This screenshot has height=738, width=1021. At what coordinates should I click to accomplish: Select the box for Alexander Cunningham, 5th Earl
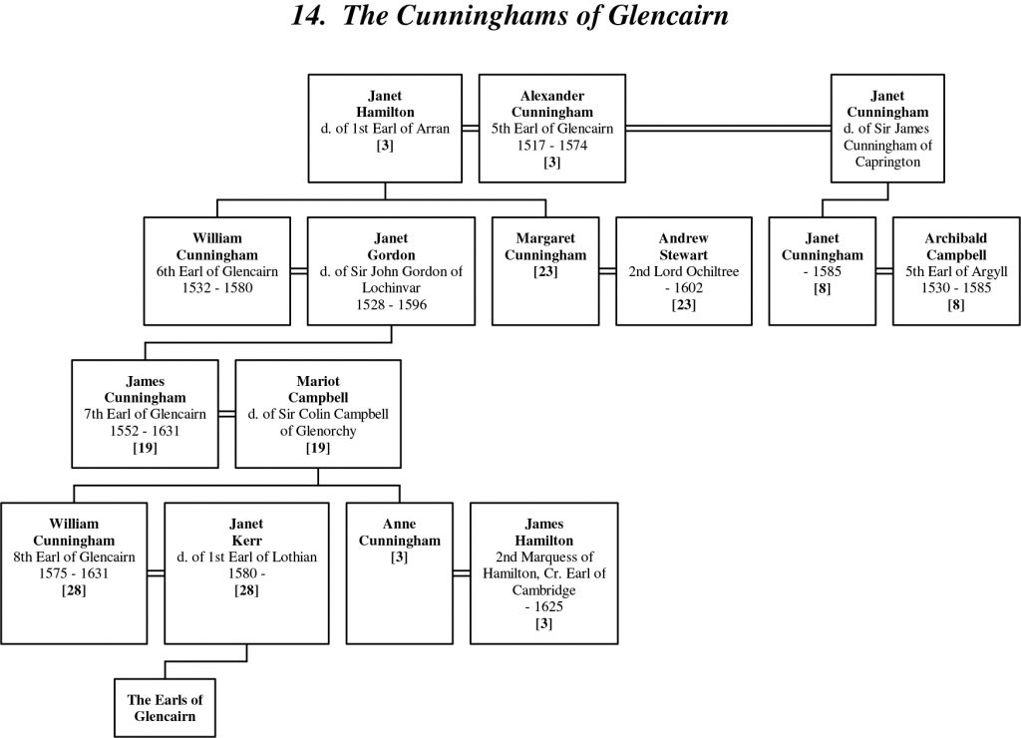[551, 128]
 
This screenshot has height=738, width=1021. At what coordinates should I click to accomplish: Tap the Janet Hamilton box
[384, 128]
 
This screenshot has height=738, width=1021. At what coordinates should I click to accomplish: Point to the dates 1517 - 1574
[551, 145]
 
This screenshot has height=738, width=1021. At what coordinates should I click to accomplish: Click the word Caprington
[887, 162]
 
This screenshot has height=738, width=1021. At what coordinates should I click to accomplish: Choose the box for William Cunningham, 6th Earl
[216, 270]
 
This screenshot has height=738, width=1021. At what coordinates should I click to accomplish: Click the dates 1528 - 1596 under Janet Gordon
[384, 305]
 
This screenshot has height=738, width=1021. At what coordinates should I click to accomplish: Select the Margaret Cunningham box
[551, 270]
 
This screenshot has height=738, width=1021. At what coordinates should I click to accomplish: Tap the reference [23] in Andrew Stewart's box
[683, 305]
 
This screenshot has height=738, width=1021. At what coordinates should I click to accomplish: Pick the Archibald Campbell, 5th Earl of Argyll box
[955, 270]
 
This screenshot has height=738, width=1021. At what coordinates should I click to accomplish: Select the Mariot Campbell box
[317, 414]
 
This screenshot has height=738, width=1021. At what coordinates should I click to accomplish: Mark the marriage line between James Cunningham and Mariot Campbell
[226, 414]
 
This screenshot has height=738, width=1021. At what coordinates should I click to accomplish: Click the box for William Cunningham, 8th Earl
[74, 572]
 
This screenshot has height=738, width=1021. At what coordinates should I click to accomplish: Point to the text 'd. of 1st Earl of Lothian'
[247, 556]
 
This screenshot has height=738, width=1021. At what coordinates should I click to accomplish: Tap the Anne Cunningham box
[399, 572]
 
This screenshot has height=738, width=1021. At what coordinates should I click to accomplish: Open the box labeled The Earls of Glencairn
[163, 707]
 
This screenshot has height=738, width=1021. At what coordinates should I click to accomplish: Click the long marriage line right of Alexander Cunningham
[728, 128]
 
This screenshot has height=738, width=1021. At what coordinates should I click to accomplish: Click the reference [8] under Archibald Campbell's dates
[955, 305]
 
